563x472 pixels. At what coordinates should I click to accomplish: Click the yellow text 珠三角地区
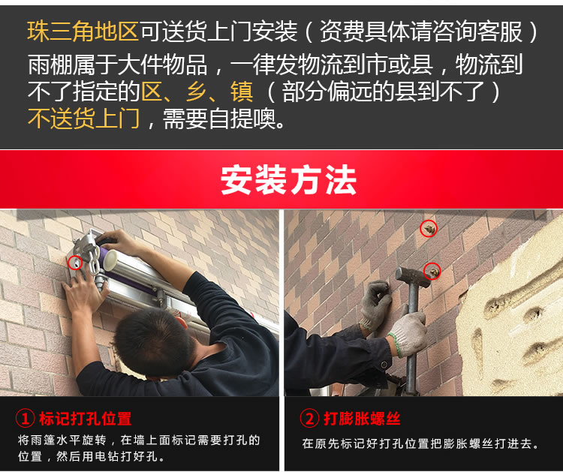click(83, 32)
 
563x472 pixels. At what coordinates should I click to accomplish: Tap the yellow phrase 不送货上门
click(83, 119)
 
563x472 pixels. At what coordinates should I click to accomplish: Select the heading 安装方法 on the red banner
click(288, 180)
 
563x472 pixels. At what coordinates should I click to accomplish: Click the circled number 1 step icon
click(25, 419)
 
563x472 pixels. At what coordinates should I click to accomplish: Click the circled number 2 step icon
click(309, 418)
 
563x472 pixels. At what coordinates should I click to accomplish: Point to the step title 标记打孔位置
click(86, 419)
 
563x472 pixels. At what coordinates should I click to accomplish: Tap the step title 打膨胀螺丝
click(362, 418)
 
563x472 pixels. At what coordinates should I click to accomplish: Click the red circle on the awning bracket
click(75, 263)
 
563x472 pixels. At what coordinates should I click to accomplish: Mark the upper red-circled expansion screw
click(429, 228)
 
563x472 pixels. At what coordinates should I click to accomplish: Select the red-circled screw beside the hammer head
click(432, 272)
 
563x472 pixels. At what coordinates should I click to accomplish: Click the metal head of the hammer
click(413, 277)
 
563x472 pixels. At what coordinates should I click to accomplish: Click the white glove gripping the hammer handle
click(408, 334)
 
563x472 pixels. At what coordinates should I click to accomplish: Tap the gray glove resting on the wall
click(375, 305)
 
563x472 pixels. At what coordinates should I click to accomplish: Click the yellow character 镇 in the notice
click(242, 92)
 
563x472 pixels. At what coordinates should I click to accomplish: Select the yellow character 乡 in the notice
click(197, 92)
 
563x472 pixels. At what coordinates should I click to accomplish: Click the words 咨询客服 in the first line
click(477, 32)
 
